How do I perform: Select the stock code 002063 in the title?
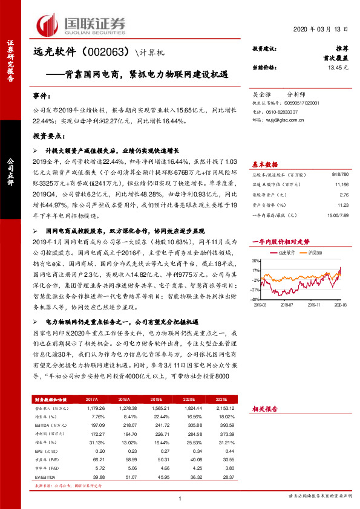102,53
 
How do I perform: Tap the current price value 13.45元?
338,68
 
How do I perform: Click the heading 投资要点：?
48,137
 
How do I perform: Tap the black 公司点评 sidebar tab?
10,169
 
